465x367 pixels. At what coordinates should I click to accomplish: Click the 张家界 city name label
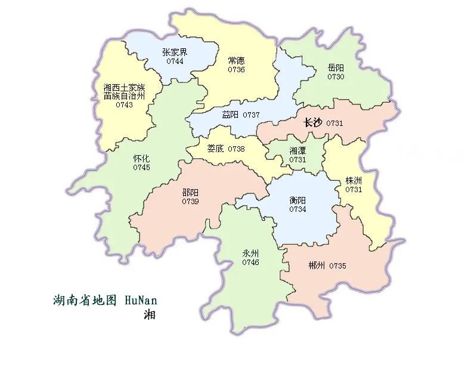pyautogui.click(x=175, y=52)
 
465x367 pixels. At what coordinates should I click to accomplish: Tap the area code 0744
pyautogui.click(x=175, y=61)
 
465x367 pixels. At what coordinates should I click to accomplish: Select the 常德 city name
pyautogui.click(x=236, y=61)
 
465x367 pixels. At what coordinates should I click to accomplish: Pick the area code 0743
pyautogui.click(x=124, y=105)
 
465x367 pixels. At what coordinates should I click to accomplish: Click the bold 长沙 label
pyautogui.click(x=312, y=123)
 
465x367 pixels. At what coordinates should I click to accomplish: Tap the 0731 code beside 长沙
pyautogui.click(x=335, y=123)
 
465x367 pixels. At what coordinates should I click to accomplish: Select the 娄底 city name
pyautogui.click(x=215, y=149)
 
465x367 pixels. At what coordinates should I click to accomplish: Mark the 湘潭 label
pyautogui.click(x=297, y=151)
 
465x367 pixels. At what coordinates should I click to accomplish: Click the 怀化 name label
pyautogui.click(x=142, y=159)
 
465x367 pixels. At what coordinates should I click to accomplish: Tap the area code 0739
pyautogui.click(x=191, y=201)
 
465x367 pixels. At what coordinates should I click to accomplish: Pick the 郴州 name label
pyautogui.click(x=317, y=266)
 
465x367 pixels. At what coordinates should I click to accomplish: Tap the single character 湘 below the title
pyautogui.click(x=149, y=314)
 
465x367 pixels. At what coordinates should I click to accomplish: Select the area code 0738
pyautogui.click(x=235, y=149)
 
